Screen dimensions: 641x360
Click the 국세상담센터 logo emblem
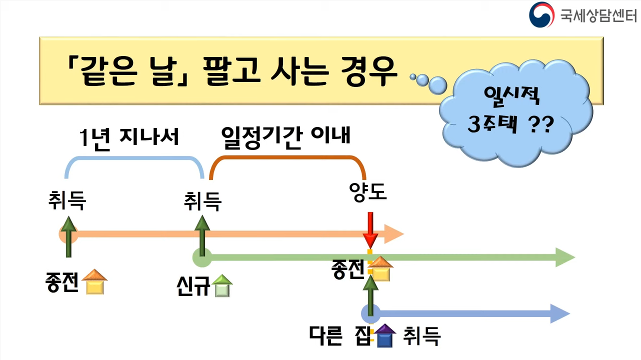click(x=541, y=14)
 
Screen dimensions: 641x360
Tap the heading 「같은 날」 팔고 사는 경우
click(x=232, y=71)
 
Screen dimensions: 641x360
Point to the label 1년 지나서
click(x=129, y=136)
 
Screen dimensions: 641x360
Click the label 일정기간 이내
click(x=285, y=136)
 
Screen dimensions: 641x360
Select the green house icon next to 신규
click(x=222, y=286)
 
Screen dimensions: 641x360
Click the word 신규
click(x=193, y=287)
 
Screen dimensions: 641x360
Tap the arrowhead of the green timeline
click(x=565, y=258)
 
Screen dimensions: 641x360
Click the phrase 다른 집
click(x=340, y=335)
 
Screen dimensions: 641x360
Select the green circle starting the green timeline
click(x=201, y=258)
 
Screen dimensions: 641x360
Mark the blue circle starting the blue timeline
click(x=370, y=314)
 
